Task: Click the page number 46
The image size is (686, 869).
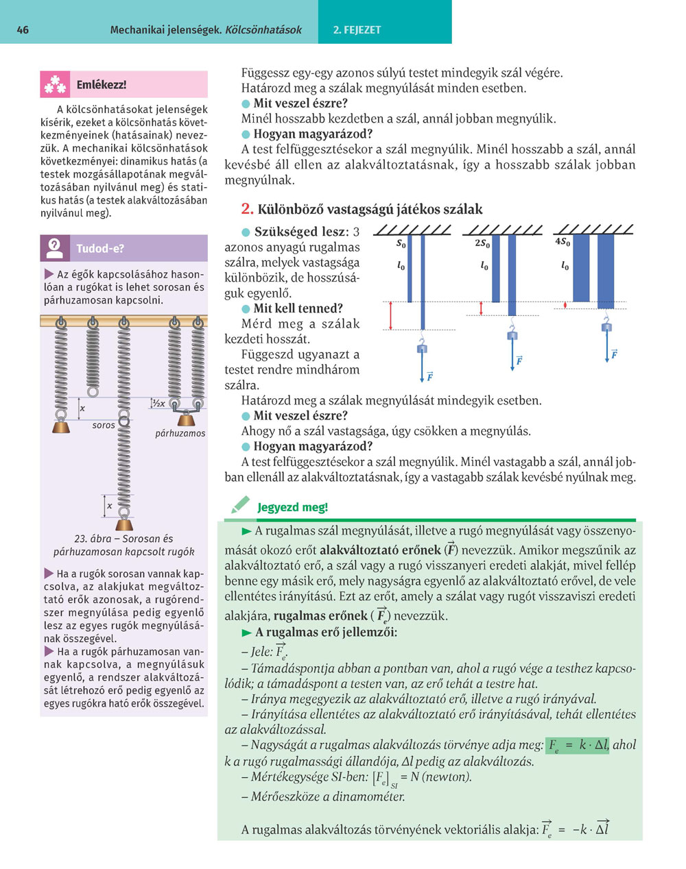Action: (x=23, y=29)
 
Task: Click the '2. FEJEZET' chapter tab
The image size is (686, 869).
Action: (x=357, y=29)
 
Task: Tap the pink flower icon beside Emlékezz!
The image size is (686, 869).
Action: (x=55, y=85)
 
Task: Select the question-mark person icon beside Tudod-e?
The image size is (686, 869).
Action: (x=55, y=248)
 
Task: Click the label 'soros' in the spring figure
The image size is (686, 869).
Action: (x=104, y=426)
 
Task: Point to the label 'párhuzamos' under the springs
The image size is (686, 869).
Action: (x=180, y=433)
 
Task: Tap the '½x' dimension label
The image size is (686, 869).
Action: (x=158, y=404)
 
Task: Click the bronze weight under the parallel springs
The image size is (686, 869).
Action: (x=186, y=419)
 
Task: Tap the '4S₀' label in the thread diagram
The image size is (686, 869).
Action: (x=563, y=242)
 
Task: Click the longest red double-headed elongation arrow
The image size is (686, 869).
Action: (x=391, y=315)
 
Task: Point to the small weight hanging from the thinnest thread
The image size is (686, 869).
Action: (x=422, y=349)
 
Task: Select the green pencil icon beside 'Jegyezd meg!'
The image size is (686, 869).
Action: (x=241, y=506)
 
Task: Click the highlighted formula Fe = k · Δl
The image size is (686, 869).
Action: (x=578, y=745)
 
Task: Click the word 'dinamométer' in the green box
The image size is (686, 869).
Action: (x=370, y=796)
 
